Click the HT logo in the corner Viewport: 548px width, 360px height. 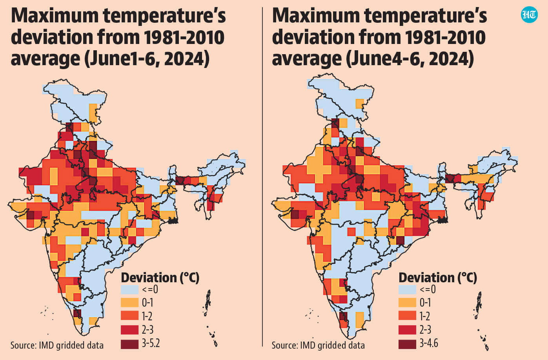(x=529, y=15)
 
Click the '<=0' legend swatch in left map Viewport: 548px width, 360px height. (x=130, y=289)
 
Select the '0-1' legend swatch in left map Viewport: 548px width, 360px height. (x=130, y=303)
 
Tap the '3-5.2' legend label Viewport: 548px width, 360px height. (x=151, y=343)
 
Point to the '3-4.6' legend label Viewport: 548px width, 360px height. (x=429, y=343)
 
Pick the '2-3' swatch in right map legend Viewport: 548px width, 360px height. (x=407, y=330)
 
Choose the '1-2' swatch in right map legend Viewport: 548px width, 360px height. (x=407, y=316)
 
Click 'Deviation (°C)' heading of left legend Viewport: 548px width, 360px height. (x=160, y=278)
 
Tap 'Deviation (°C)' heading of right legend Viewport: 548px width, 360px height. (x=438, y=278)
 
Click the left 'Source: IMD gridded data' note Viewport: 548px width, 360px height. (x=57, y=345)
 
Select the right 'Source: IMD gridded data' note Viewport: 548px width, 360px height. (x=318, y=345)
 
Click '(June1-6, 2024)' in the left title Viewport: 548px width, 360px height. (x=147, y=59)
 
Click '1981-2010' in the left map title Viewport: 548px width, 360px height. (x=184, y=37)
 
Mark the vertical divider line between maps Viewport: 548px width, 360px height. (x=262, y=177)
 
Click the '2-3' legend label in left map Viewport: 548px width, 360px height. (x=147, y=330)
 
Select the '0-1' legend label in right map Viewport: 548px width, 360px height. (x=425, y=303)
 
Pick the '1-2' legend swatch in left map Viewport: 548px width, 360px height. (x=130, y=316)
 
